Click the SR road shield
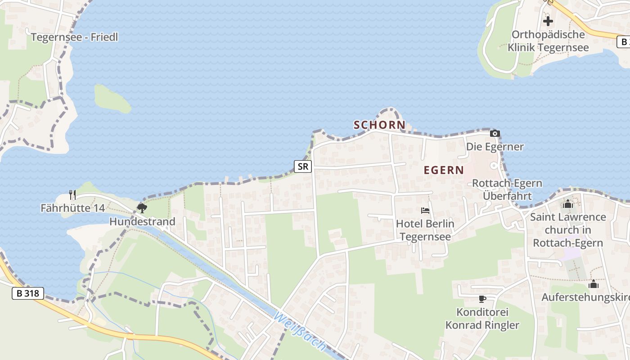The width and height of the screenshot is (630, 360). (x=303, y=166)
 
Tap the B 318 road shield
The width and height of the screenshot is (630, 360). (x=27, y=294)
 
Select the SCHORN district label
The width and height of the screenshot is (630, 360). (x=379, y=125)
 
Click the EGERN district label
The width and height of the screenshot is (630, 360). (x=444, y=170)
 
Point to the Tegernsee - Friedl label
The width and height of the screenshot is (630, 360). (x=74, y=37)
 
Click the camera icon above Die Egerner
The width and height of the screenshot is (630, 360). (x=495, y=133)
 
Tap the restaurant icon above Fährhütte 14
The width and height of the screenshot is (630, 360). (x=72, y=194)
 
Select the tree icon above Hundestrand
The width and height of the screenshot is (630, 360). (x=142, y=208)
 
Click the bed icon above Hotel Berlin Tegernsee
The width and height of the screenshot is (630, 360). (x=425, y=210)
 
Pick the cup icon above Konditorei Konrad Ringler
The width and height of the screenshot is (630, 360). (x=482, y=299)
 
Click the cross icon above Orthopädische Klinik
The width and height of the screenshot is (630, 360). (x=548, y=21)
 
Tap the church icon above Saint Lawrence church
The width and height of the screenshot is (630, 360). (x=568, y=204)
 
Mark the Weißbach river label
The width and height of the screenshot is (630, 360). (x=299, y=332)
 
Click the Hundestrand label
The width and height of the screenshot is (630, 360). (x=142, y=221)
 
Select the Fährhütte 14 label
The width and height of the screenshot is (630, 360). (x=72, y=208)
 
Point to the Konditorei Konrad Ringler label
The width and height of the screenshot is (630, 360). (x=482, y=319)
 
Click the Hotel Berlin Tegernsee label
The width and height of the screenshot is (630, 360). (x=425, y=230)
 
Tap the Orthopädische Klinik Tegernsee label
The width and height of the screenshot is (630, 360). (x=548, y=41)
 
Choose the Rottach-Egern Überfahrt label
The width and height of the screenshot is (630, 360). (x=507, y=189)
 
